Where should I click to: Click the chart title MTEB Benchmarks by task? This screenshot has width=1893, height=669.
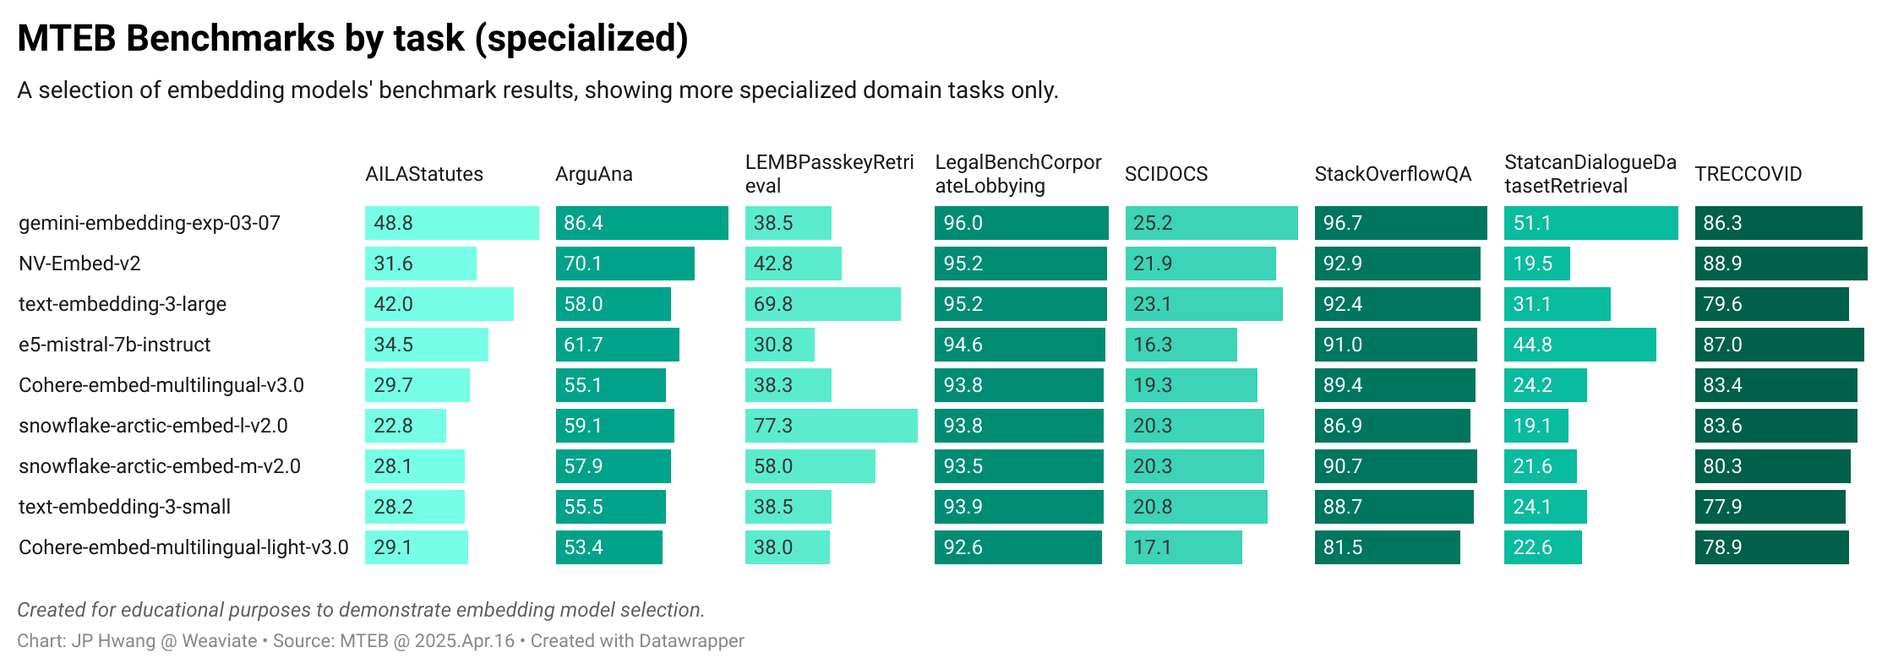(352, 39)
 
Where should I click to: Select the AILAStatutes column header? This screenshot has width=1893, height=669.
(424, 174)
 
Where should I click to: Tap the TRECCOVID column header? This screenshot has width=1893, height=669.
(1748, 174)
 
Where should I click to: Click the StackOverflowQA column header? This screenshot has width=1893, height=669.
(1393, 174)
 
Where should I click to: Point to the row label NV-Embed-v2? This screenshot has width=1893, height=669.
(79, 264)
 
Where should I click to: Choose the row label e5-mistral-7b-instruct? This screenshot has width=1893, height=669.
(114, 345)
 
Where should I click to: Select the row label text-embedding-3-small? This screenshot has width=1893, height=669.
(124, 507)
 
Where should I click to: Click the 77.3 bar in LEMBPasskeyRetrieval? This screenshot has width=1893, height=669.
(831, 426)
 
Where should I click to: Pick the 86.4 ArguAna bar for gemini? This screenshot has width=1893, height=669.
(641, 223)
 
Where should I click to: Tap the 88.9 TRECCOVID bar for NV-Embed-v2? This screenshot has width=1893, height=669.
(1781, 264)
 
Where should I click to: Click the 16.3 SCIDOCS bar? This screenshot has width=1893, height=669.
(1181, 345)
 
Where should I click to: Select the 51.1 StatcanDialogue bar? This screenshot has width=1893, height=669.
(1590, 223)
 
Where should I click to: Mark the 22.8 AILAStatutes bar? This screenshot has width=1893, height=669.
(405, 426)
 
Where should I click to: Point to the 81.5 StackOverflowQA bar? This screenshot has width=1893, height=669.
(1387, 547)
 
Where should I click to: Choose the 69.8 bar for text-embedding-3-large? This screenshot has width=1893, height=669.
(822, 304)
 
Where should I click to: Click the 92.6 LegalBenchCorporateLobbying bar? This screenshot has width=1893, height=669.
(1017, 547)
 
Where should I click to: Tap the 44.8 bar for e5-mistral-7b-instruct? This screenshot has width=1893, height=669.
(1579, 345)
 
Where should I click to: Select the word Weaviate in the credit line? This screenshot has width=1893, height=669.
(219, 641)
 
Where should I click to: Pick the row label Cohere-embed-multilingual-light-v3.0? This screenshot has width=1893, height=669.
(183, 547)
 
